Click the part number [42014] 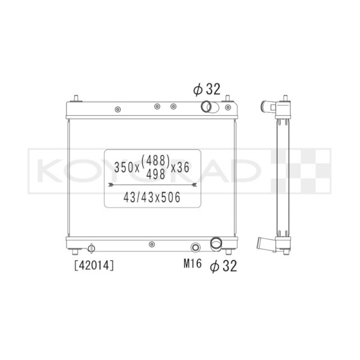[94, 266]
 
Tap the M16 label [193, 263]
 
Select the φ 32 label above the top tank [206, 89]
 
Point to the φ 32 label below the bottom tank [223, 266]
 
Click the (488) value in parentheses [155, 160]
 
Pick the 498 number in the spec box [156, 175]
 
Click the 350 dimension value [124, 167]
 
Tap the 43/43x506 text [152, 197]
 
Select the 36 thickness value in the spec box [183, 167]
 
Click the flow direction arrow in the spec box [152, 184]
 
